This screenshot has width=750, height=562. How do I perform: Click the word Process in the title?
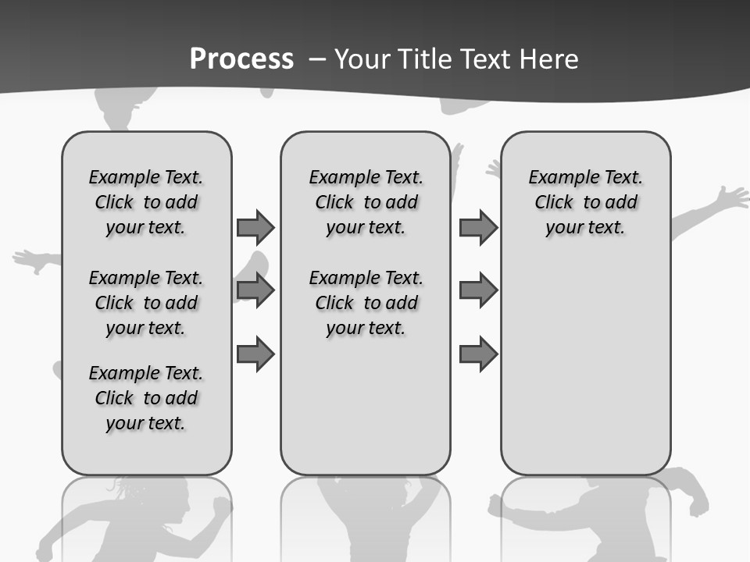tap(241, 59)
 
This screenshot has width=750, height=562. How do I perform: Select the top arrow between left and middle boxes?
tap(255, 227)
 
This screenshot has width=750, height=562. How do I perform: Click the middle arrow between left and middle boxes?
tap(255, 290)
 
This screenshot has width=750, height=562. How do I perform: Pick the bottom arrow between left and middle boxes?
tap(255, 354)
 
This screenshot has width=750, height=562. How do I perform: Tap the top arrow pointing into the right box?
tap(478, 227)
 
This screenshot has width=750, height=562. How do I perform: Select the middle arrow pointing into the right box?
tap(478, 290)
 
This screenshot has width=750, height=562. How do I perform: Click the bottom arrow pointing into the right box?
tap(478, 354)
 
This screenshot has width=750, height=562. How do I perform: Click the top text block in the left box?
tap(146, 202)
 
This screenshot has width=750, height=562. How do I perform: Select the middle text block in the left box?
tap(146, 303)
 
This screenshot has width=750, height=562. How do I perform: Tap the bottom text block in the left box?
tap(146, 398)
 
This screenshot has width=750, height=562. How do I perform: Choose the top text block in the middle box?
tap(366, 202)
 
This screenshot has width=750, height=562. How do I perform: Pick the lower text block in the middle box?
tap(366, 303)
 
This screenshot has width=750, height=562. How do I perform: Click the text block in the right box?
tap(585, 202)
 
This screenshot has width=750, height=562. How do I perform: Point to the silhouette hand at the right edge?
tap(734, 196)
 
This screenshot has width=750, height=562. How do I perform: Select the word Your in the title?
tap(362, 59)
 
